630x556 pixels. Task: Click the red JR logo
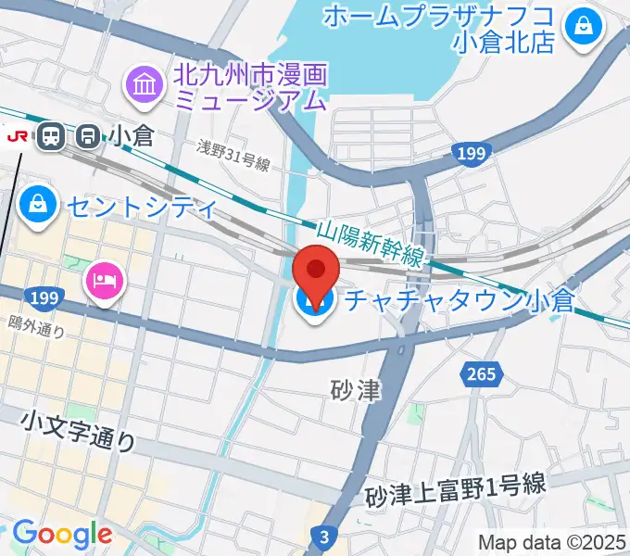point(16,136)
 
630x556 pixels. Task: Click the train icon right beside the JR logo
point(49,137)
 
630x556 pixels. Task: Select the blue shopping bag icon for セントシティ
point(38,207)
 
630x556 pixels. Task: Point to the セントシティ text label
point(141,207)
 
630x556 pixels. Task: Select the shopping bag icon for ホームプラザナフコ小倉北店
point(585,27)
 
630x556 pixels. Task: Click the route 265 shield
point(481,373)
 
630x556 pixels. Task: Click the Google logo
point(61,535)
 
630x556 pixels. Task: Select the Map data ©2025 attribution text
point(552,542)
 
